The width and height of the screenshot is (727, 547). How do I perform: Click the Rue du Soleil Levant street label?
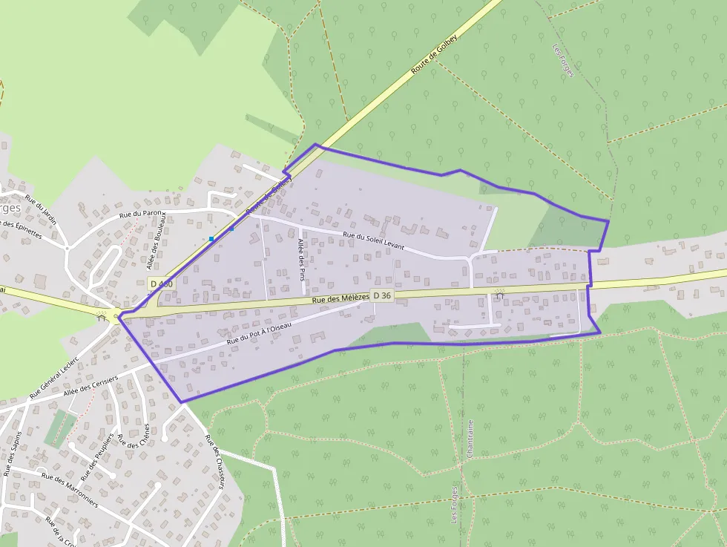tap(373, 240)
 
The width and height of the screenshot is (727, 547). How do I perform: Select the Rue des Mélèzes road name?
tap(341, 298)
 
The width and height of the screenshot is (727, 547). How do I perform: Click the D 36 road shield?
tap(382, 295)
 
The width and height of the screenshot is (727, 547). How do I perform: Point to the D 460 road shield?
tap(161, 284)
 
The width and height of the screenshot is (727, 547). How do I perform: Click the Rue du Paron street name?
tap(141, 214)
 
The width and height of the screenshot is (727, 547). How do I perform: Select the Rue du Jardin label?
tap(41, 210)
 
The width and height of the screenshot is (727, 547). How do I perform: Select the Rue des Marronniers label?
tap(70, 489)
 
